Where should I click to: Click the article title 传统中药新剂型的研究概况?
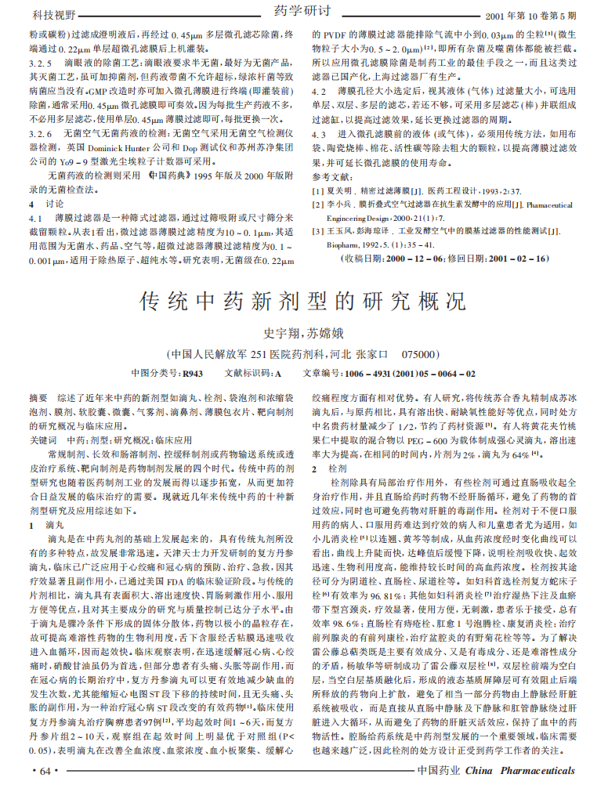tap(302, 301)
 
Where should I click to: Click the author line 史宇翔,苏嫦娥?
tap(303, 331)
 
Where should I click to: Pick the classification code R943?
tap(192, 374)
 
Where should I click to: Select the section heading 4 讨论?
tap(43, 226)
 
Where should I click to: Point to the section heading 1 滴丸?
tap(43, 525)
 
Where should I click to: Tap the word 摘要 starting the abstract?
tap(38, 399)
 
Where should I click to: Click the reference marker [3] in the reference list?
tap(318, 231)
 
